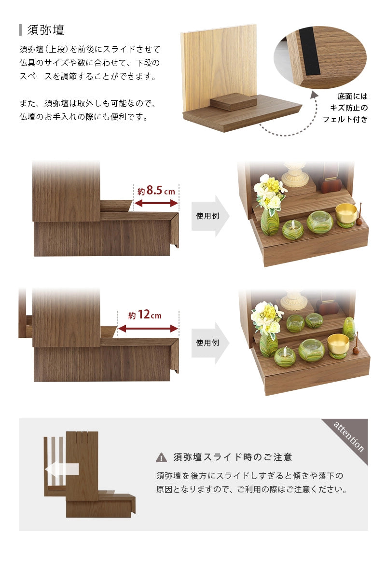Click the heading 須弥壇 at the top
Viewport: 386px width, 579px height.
(x=46, y=30)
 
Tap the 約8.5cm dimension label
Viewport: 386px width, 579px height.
(x=156, y=191)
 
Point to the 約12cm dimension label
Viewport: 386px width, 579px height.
(x=145, y=315)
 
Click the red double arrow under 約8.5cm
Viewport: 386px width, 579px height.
(x=156, y=204)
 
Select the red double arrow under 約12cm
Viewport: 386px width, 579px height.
(x=148, y=329)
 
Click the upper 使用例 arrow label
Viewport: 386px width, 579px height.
(x=207, y=216)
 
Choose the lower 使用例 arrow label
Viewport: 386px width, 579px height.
(x=207, y=343)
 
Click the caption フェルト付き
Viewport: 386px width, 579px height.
(x=345, y=119)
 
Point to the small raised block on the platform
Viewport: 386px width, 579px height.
(x=234, y=102)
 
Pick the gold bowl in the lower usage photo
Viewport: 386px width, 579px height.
(x=338, y=342)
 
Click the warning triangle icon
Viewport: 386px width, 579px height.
(x=161, y=457)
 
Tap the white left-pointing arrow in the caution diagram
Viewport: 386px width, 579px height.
(x=62, y=469)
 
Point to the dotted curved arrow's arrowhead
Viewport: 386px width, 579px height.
(x=315, y=94)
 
